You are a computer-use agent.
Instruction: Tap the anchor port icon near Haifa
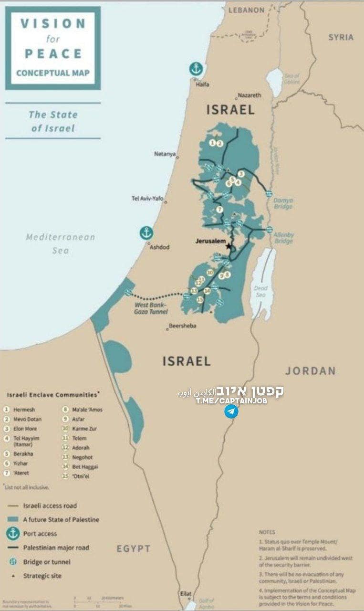coord(196,69)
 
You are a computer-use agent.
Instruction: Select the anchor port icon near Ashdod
coord(146,233)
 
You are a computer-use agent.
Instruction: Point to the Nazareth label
coord(250,95)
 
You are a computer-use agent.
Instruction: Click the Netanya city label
coord(165,154)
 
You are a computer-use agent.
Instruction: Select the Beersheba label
coord(183,326)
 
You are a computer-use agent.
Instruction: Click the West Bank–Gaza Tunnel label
coord(150,308)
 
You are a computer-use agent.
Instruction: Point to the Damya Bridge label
coord(283,204)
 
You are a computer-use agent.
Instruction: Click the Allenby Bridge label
coord(283,238)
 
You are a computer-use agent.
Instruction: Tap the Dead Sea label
coord(260,292)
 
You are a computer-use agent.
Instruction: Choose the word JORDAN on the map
coord(310,371)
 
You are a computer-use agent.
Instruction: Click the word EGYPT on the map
coord(134,548)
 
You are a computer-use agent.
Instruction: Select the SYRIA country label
coord(341,37)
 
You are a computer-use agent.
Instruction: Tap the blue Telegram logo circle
coord(231,411)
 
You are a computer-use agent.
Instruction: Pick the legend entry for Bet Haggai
coord(84,466)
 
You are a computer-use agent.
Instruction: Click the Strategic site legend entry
coord(42,576)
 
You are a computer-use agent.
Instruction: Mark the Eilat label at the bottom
coord(186,593)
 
